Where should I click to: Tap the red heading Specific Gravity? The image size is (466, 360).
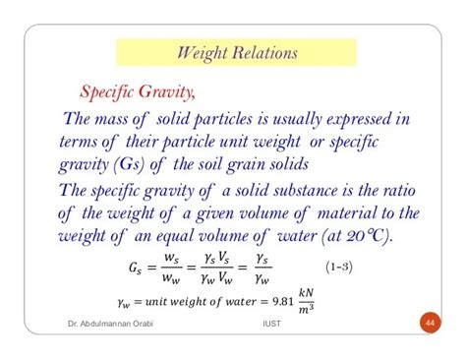tap(132, 92)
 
